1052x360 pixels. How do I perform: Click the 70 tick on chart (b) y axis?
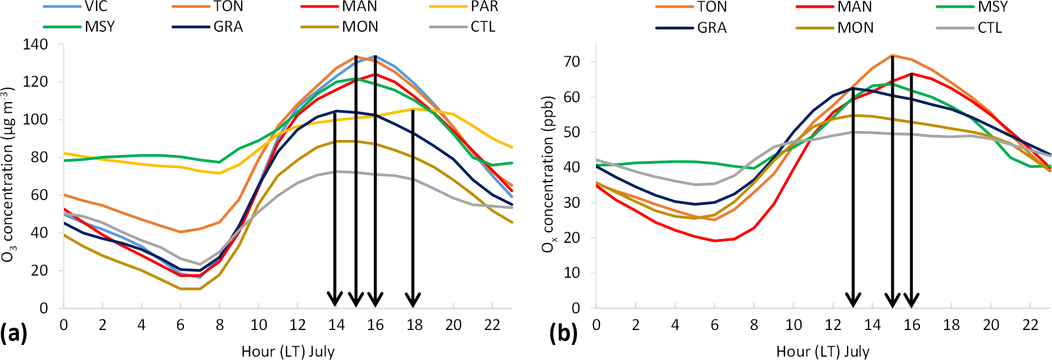[572, 62]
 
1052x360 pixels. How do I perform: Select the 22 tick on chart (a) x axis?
[492, 325]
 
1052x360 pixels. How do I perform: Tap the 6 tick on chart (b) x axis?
[715, 325]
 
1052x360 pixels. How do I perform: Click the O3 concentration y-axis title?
[8, 174]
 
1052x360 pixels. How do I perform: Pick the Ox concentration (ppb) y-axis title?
[548, 174]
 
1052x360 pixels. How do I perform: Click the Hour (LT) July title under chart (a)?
[288, 351]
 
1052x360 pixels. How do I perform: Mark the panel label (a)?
[13, 333]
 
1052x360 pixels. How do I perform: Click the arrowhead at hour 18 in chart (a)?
[413, 300]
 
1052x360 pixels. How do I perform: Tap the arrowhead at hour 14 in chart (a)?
[334, 300]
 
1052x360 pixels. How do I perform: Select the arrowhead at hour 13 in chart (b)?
[853, 300]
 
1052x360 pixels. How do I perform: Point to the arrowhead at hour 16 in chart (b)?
[911, 300]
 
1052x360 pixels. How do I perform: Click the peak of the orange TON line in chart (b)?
[892, 55]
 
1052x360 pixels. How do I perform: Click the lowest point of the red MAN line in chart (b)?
[715, 241]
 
